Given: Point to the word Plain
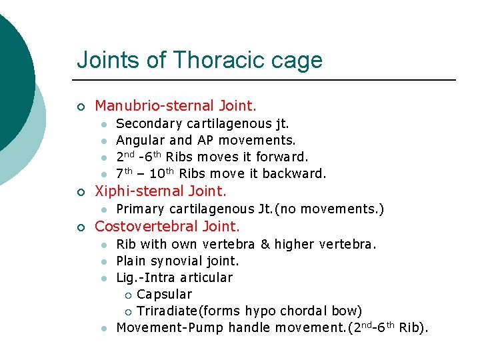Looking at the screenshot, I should (x=131, y=261).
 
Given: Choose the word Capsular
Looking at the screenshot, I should (x=164, y=294).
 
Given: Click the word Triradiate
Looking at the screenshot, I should (x=167, y=311).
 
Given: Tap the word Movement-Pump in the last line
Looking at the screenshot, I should (x=170, y=327).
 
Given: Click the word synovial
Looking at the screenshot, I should (x=174, y=261).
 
